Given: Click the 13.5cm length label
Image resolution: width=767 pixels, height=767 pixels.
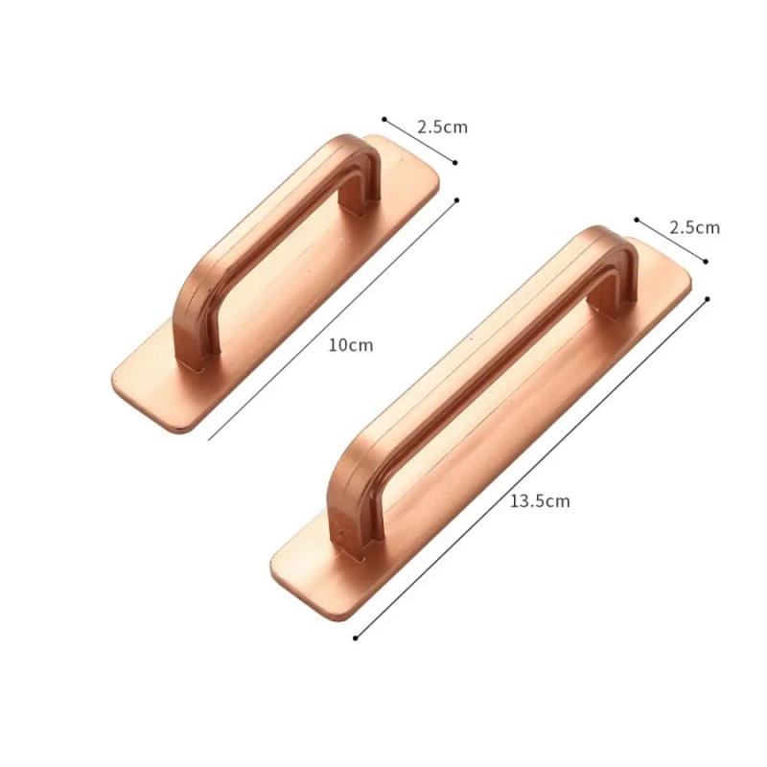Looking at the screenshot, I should pyautogui.click(x=539, y=500).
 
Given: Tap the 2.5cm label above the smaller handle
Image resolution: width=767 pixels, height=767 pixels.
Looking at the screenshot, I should pyautogui.click(x=442, y=127).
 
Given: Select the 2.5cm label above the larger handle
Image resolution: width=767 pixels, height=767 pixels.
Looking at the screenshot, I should pyautogui.click(x=694, y=227).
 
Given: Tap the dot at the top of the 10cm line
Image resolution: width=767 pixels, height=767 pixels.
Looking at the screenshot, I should pyautogui.click(x=456, y=200).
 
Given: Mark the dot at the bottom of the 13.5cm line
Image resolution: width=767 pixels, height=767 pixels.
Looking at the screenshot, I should pyautogui.click(x=356, y=638).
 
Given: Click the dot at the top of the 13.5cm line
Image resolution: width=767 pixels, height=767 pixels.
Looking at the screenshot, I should pyautogui.click(x=707, y=299).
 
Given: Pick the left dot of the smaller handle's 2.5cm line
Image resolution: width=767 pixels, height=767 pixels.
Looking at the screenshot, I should pyautogui.click(x=384, y=120).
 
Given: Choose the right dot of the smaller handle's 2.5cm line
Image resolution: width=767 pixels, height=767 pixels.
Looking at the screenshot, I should pyautogui.click(x=455, y=163).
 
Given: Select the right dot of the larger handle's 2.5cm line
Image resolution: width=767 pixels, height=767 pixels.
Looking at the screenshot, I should pyautogui.click(x=707, y=261).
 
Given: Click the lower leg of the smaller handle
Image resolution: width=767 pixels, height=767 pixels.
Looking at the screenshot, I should pyautogui.click(x=189, y=336).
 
